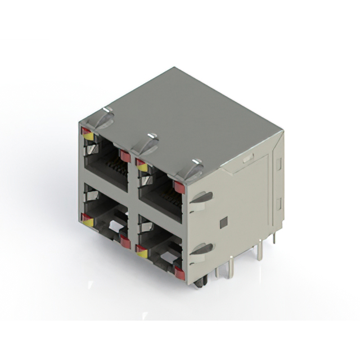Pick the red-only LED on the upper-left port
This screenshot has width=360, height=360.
(125, 156)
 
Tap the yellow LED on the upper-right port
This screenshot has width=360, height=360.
(142, 167)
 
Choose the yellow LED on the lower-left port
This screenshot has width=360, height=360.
(88, 222)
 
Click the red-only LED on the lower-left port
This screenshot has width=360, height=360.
(125, 242)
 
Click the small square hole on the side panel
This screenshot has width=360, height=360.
(223, 222)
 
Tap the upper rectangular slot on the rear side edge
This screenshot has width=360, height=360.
(278, 164)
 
